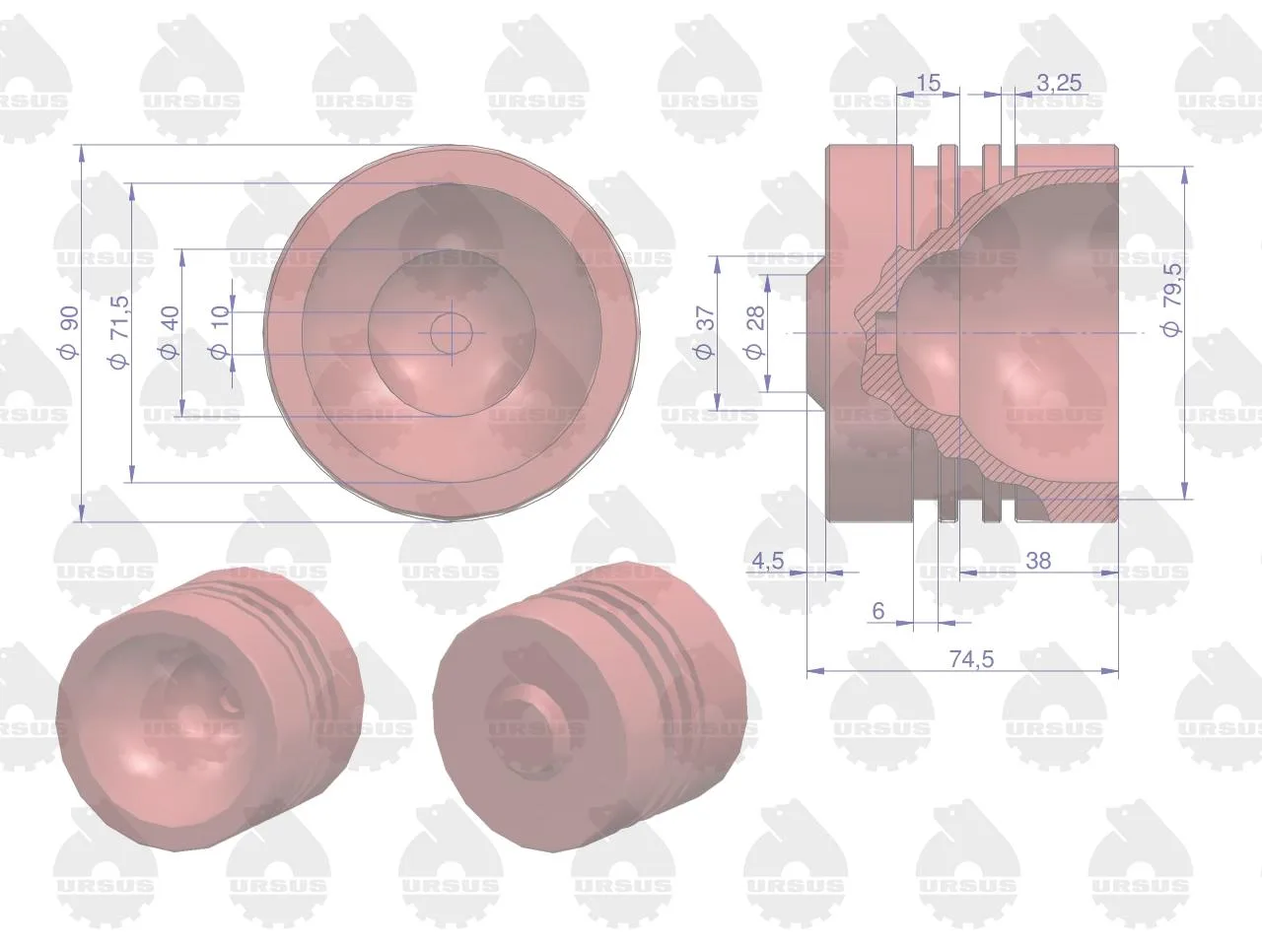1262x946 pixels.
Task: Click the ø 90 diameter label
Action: coord(69,333)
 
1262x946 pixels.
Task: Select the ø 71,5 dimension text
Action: coord(118,333)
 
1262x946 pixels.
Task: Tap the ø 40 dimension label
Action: coord(170,333)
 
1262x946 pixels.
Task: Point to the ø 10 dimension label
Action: coord(220,333)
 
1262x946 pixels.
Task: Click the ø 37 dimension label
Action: coord(705,333)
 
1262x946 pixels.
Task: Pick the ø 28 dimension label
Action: coord(755,333)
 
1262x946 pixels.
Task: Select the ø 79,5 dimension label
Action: coord(1171,300)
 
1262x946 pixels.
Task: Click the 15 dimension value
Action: coord(928,84)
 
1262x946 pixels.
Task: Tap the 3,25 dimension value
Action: coord(1059,84)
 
